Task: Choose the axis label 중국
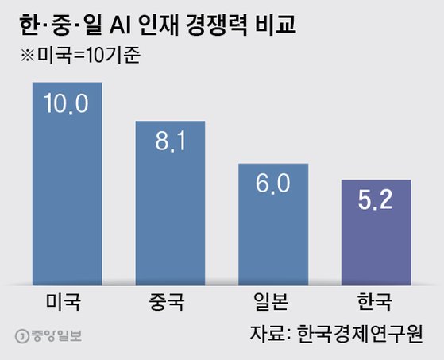tap(170, 302)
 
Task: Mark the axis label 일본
tap(274, 302)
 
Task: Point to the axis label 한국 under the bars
tap(376, 302)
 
